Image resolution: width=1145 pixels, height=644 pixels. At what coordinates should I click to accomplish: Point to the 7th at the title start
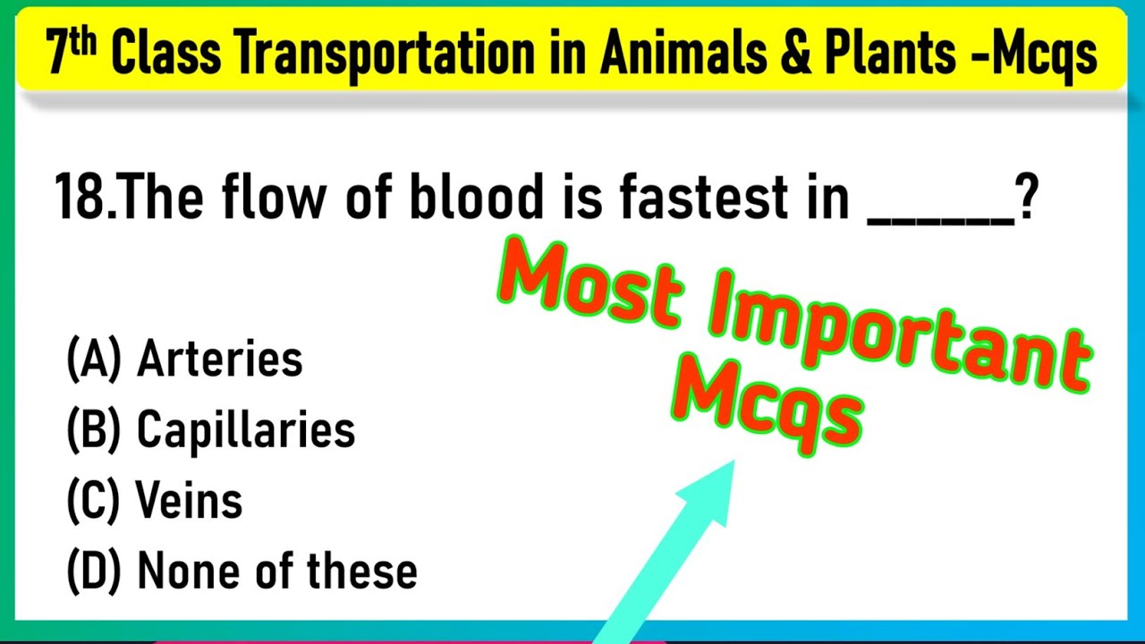coord(72,54)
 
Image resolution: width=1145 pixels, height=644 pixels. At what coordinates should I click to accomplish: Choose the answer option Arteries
coord(219,360)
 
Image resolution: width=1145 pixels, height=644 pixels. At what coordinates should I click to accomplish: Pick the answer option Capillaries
coord(245,431)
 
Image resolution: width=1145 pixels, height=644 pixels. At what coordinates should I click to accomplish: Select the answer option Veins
coord(189,502)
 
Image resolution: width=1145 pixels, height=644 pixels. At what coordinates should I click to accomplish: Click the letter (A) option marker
coord(93,360)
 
